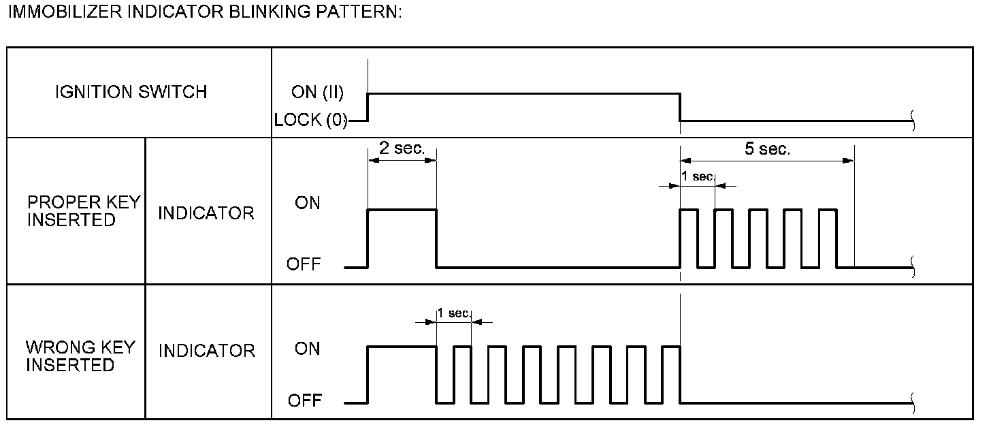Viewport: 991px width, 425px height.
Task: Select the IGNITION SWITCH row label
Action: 131,93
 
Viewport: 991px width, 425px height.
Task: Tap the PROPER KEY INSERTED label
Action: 83,211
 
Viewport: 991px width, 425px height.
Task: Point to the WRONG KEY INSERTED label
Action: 80,356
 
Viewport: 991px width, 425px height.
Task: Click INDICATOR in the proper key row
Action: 206,213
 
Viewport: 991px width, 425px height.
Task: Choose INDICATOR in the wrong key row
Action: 206,351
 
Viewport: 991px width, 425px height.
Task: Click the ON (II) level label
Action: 317,93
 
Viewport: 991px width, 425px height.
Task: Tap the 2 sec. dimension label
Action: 402,149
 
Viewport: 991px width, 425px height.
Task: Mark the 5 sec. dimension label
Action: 767,150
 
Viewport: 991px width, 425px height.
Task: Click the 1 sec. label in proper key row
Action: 697,176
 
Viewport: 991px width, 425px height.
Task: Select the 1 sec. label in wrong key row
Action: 453,313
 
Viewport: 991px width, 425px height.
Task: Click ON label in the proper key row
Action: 307,203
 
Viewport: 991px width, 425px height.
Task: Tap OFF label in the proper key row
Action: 304,264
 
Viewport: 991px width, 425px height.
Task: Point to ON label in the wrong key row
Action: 307,349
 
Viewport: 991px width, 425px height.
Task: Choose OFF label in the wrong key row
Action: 304,400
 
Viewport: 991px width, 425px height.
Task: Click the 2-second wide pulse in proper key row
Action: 402,210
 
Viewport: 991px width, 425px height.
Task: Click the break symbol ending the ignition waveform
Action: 913,122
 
